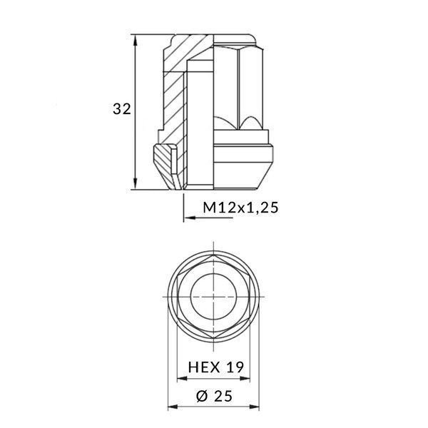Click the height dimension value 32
click(121, 109)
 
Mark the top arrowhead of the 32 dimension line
click(136, 38)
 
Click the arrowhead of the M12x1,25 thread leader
click(188, 218)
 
